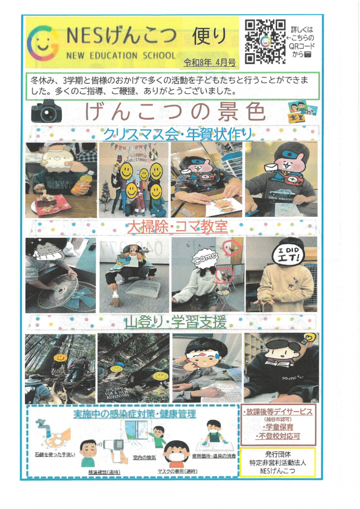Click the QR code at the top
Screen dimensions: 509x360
(x=264, y=41)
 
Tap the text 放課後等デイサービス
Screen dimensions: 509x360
(x=278, y=411)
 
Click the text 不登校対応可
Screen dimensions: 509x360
(x=278, y=437)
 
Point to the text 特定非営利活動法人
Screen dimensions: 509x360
(x=278, y=463)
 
